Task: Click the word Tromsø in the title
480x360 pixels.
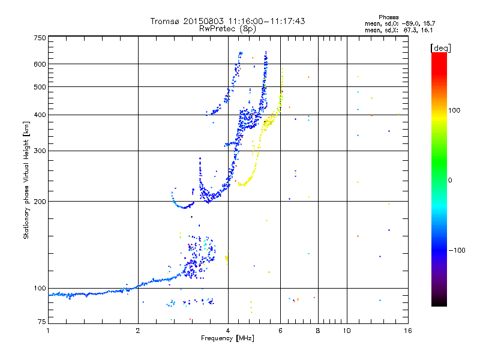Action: [x=164, y=21]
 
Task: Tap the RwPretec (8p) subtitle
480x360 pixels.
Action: [x=227, y=29]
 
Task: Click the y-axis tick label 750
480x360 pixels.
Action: [x=40, y=38]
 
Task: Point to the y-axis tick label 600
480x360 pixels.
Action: [x=40, y=64]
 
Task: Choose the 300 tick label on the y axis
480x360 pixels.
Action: [x=40, y=151]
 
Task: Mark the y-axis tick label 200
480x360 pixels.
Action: [x=40, y=202]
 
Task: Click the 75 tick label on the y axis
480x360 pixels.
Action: [x=42, y=322]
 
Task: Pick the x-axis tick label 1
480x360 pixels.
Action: [x=48, y=331]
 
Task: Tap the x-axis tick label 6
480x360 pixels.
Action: [x=280, y=331]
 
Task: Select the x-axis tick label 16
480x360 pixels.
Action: [x=408, y=331]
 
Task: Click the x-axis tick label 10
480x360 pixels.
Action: [x=347, y=331]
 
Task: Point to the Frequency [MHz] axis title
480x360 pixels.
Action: [x=227, y=338]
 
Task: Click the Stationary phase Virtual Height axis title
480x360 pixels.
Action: [x=26, y=180]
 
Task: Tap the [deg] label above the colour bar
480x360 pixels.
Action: [x=441, y=49]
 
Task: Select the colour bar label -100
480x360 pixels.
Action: [x=457, y=250]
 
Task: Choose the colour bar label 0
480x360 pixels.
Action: [x=450, y=181]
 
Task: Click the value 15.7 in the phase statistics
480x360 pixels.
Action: [x=430, y=23]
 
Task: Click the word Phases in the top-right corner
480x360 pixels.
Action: [x=389, y=17]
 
